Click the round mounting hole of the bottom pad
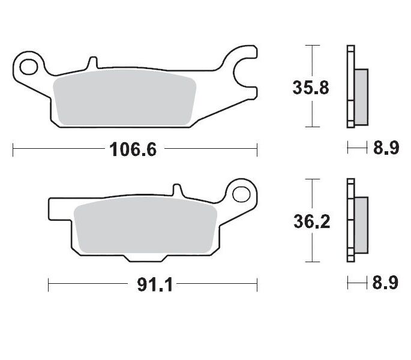tap(242, 194)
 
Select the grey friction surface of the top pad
tap(125, 100)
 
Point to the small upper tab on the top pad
tap(92, 62)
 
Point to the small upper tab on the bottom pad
tap(177, 190)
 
